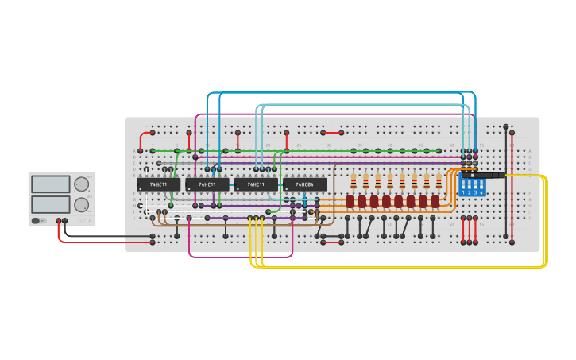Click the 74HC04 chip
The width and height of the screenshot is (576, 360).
(x=304, y=184)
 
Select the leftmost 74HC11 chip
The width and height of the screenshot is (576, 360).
(x=158, y=184)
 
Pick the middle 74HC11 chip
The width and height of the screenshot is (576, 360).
(x=207, y=184)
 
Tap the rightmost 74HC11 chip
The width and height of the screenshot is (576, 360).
(x=256, y=184)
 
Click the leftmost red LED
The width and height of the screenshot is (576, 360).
(x=350, y=201)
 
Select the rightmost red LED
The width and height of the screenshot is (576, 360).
(x=435, y=201)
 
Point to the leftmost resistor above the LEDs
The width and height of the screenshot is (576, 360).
(x=354, y=181)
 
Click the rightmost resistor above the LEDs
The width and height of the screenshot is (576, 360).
(x=439, y=181)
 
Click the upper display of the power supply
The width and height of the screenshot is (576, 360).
(x=51, y=184)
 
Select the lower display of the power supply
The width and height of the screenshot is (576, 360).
(x=51, y=204)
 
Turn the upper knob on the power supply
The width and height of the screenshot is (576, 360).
(x=81, y=184)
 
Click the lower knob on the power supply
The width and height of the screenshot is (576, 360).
(x=81, y=205)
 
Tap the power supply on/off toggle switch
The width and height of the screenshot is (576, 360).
(x=36, y=221)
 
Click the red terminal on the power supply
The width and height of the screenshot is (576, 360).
(x=58, y=221)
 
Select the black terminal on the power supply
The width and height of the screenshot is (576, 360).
(x=65, y=221)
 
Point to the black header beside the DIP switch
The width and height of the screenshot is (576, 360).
(x=493, y=175)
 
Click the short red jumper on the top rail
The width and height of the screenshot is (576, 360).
(x=332, y=133)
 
